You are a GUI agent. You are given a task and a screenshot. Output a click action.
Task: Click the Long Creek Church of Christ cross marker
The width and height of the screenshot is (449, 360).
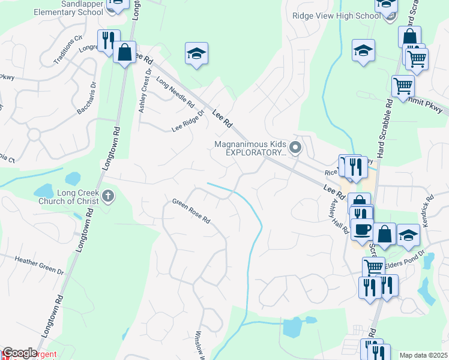108,196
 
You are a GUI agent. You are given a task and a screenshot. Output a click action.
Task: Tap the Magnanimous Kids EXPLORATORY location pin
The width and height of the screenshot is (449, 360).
295,147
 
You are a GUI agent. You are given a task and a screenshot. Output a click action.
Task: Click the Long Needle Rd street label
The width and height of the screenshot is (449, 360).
175,92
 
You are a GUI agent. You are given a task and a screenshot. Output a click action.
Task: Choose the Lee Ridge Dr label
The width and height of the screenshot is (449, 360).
188,120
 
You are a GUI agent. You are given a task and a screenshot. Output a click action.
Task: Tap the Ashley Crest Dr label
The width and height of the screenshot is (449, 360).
144,90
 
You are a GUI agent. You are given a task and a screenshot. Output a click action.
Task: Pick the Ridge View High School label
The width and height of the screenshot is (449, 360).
336,16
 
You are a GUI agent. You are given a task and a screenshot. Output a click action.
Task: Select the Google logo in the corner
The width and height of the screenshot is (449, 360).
19,353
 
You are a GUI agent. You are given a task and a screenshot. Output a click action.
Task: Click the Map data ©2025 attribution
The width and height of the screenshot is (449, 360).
423,355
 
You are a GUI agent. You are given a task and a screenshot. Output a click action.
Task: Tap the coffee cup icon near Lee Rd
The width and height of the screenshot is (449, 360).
361,229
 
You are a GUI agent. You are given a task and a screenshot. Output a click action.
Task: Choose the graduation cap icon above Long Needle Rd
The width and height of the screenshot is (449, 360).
196,54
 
